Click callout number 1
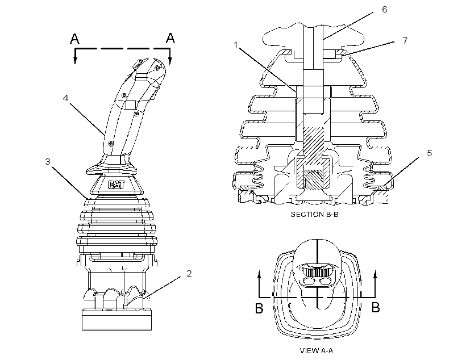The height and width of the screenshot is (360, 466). coord(236,45)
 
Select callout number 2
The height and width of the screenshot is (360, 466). coord(189,274)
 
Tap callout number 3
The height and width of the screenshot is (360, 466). coord(48,162)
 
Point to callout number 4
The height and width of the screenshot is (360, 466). coord(66,98)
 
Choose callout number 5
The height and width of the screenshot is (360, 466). coord(429,153)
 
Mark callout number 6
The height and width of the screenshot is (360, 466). coord(384,10)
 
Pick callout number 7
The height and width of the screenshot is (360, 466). coord(405,40)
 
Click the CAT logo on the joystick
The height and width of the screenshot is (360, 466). coord(116,185)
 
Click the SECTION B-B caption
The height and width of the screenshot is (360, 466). coord(314,215)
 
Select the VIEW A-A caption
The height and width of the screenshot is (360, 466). coord(317,351)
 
